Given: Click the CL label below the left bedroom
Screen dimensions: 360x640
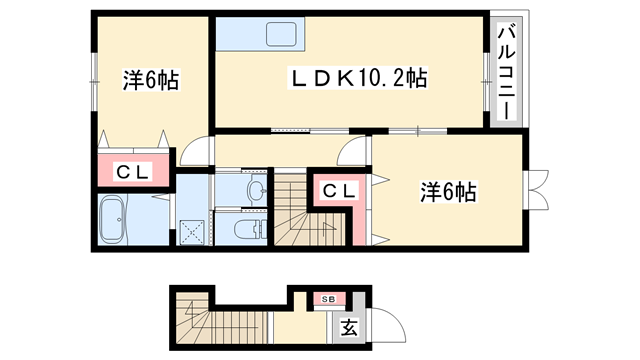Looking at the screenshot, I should pyautogui.click(x=133, y=173).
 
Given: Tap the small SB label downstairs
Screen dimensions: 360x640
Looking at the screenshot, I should pyautogui.click(x=328, y=299).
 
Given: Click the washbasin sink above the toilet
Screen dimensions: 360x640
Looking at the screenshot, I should pyautogui.click(x=255, y=189).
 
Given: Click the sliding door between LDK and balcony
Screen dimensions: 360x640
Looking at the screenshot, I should pyautogui.click(x=487, y=72).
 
